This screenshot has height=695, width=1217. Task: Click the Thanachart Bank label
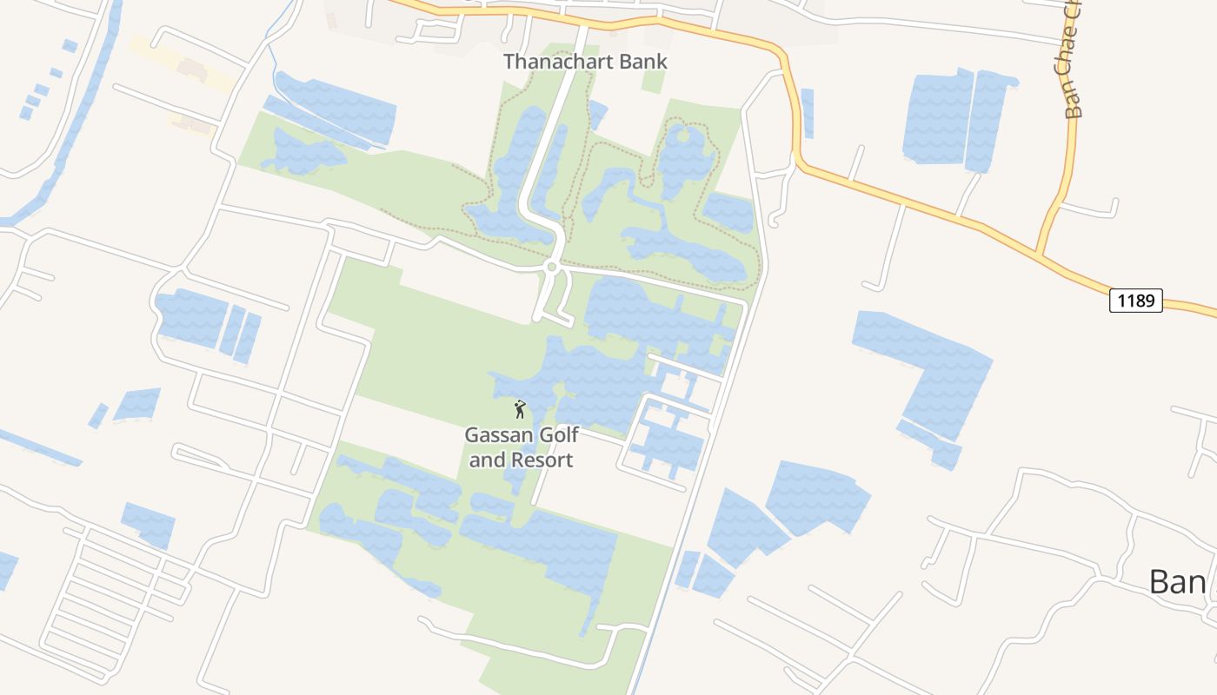coord(585,62)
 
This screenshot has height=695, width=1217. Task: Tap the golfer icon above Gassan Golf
coord(520,408)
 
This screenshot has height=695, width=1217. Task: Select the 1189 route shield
coord(1135,301)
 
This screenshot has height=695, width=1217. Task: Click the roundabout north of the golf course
coord(550,267)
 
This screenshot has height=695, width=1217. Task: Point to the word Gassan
coord(499,434)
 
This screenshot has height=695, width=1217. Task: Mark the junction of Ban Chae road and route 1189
coord(1040,254)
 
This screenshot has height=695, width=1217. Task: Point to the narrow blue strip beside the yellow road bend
coord(808,113)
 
